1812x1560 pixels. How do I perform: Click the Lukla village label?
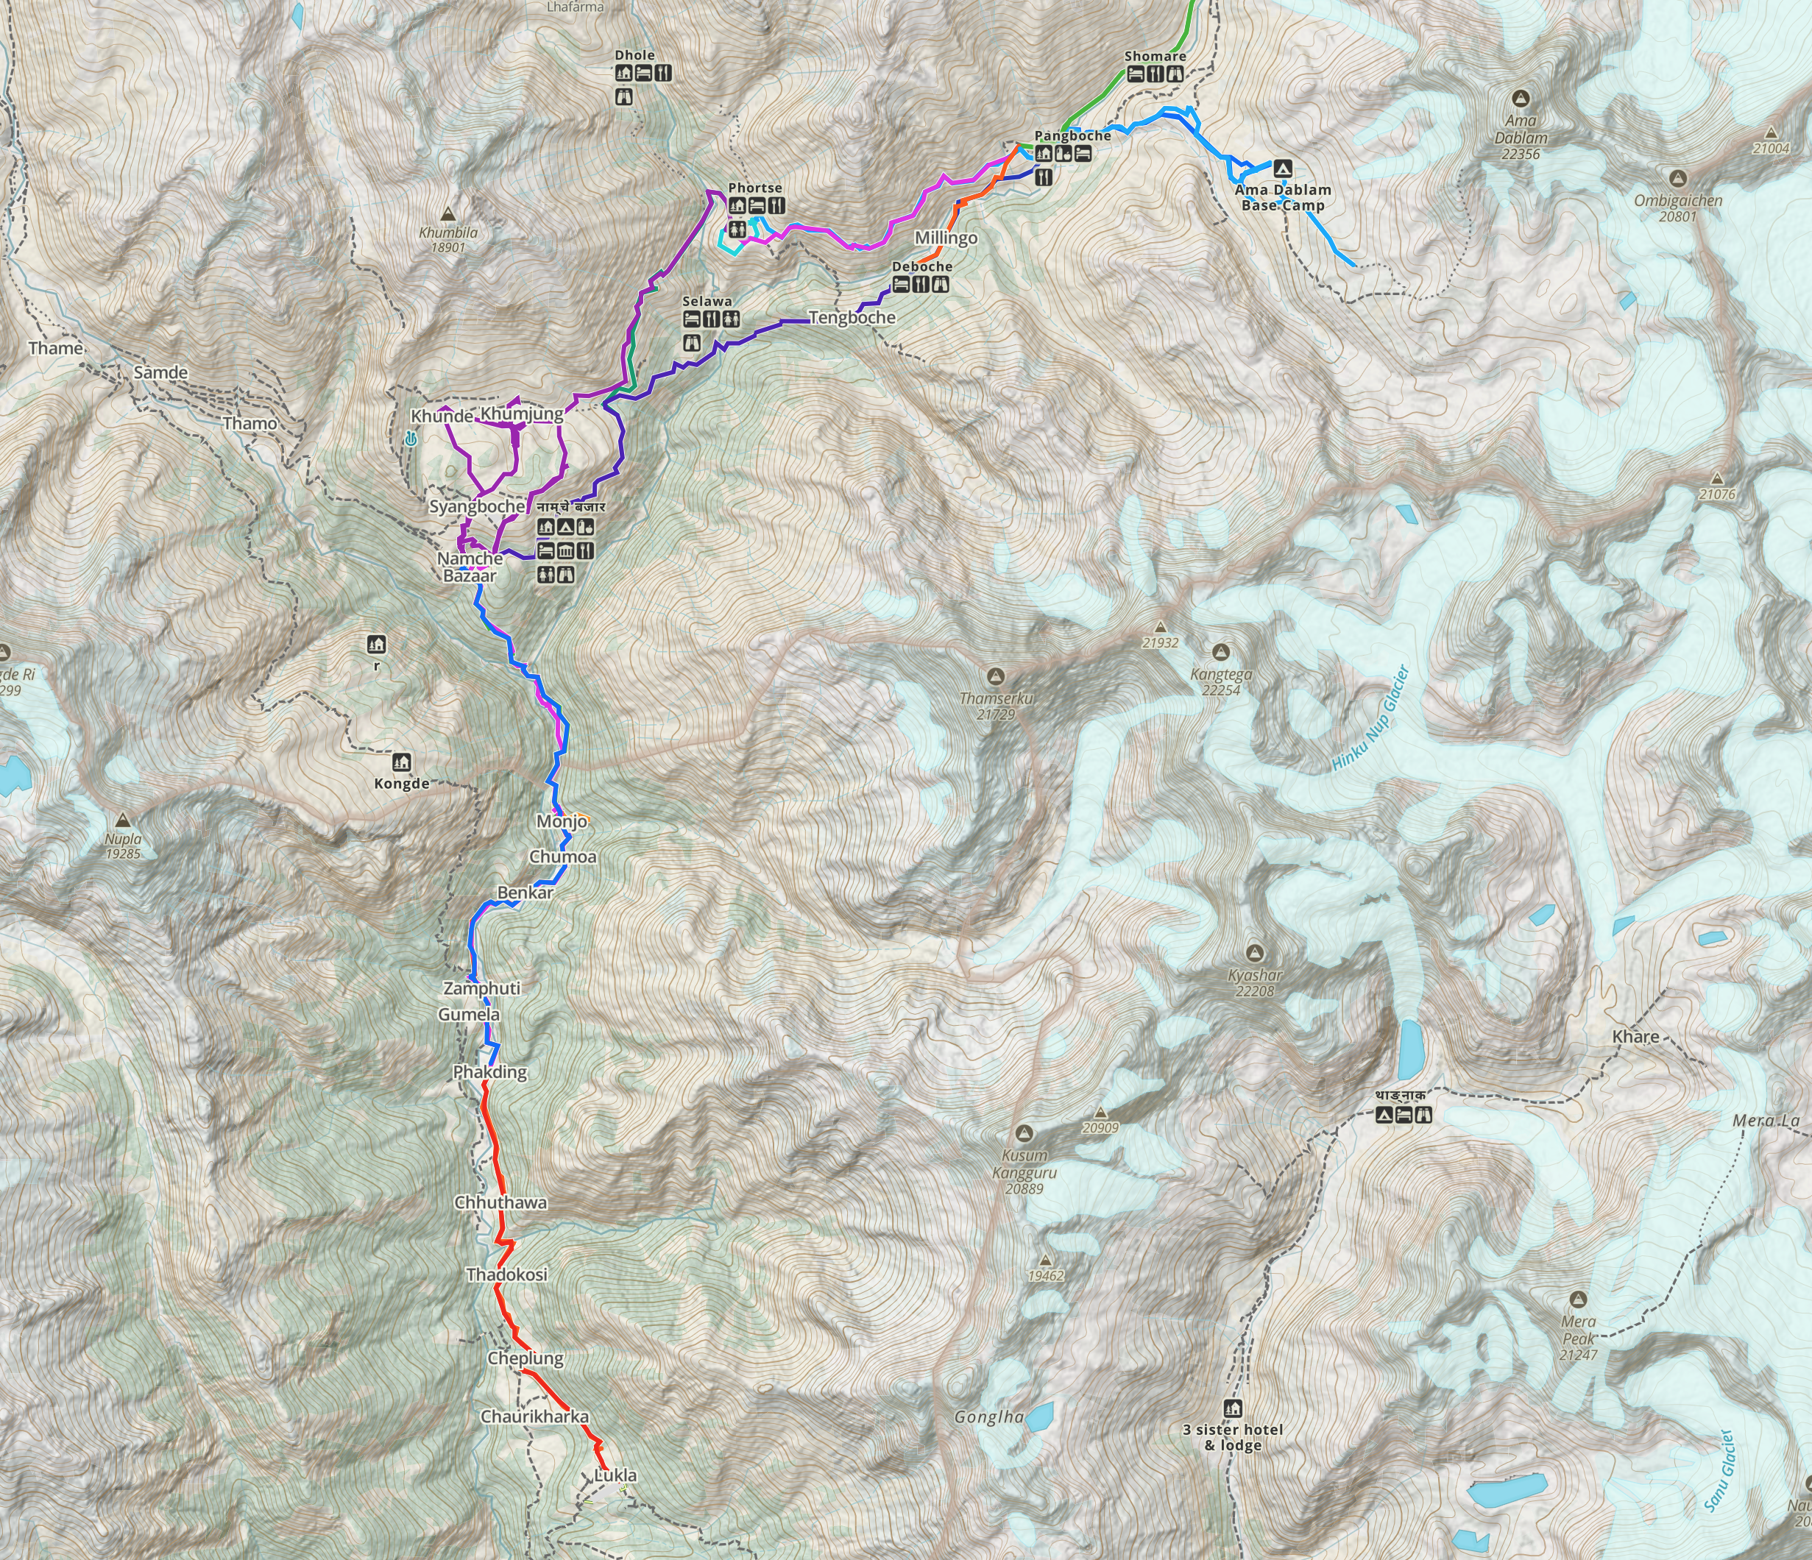[616, 1475]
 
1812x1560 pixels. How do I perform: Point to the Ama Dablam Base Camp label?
[1283, 198]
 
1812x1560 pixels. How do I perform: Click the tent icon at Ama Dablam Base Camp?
[1283, 167]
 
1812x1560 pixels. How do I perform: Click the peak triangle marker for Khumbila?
[447, 213]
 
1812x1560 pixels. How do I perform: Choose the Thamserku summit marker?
[994, 676]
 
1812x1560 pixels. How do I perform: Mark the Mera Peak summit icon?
[1579, 1299]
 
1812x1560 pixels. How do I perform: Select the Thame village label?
[56, 349]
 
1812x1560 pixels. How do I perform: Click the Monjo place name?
[562, 821]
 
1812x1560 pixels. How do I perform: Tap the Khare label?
[1635, 1036]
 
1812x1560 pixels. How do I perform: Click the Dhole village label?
[635, 55]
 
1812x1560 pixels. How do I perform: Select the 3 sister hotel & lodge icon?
[1233, 1408]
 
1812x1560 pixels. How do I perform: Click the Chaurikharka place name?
[534, 1416]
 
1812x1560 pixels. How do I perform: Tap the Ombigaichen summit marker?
[1677, 178]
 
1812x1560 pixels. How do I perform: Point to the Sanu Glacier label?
[1718, 1471]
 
